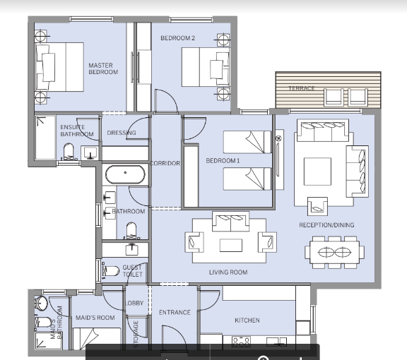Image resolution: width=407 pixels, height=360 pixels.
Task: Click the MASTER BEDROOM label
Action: click(103, 68)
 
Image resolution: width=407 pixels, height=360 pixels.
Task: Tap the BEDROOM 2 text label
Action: click(177, 38)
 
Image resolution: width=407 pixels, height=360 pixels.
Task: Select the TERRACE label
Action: click(302, 88)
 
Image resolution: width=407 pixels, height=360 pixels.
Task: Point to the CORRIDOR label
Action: click(165, 163)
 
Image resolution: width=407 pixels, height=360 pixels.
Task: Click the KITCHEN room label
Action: click(247, 320)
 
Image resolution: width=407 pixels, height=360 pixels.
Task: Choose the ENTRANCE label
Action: click(175, 312)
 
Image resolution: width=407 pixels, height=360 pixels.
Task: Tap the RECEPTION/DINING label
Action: click(326, 225)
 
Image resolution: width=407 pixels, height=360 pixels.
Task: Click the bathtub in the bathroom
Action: click(125, 174)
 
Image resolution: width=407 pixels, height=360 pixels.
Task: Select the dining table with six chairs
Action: click(335, 252)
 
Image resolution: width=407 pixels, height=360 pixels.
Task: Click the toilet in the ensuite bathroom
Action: click(69, 152)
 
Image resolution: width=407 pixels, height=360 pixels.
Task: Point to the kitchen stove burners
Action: click(241, 342)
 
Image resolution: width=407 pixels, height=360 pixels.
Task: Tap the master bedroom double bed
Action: click(59, 67)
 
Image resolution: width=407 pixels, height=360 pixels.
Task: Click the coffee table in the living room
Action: click(231, 246)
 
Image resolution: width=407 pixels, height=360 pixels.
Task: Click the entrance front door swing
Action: click(173, 337)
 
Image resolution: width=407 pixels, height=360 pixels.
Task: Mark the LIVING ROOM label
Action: click(228, 272)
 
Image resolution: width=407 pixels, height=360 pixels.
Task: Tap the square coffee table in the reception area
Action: click(317, 172)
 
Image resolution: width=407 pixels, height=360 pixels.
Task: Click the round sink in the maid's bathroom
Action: click(42, 303)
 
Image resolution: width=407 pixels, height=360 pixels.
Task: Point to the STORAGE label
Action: click(136, 334)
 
